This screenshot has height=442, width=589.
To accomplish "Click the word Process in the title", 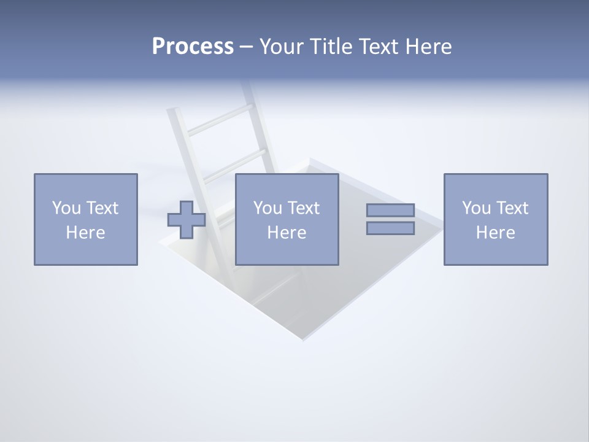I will tap(193, 47).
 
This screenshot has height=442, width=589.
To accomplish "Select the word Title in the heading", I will tap(329, 47).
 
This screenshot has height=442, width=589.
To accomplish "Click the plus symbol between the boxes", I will tap(187, 219).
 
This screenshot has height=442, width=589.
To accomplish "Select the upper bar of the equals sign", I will tap(390, 211).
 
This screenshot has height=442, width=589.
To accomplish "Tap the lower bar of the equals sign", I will tap(390, 228).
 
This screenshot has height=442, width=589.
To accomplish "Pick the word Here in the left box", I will tap(85, 233).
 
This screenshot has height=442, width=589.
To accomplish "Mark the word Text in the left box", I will tap(101, 208).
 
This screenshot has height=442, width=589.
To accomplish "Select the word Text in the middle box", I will tap(303, 208).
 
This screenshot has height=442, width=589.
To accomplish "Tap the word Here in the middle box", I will tap(287, 233).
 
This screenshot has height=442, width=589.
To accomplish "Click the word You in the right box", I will tap(476, 208).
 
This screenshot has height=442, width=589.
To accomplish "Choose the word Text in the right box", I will tap(512, 208).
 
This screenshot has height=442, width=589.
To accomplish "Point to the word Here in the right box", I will tap(495, 233).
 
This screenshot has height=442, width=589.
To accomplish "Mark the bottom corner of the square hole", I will tap(302, 339).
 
